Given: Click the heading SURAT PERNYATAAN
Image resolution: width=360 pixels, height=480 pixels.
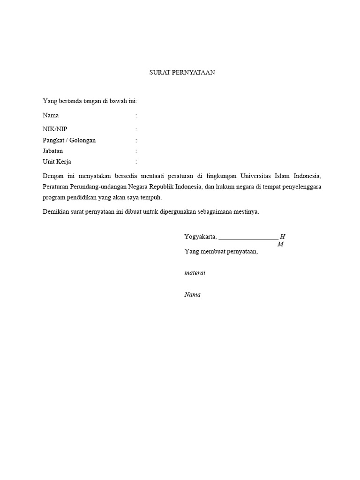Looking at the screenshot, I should pos(182,73).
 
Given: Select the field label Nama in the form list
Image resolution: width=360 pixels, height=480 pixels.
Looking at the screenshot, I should pos(51,115).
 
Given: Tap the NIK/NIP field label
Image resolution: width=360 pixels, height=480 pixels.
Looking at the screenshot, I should pos(58,129).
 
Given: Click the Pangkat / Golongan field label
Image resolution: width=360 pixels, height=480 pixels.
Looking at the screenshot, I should pos(69,140).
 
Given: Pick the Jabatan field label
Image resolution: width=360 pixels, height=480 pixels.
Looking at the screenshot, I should pos(52,151).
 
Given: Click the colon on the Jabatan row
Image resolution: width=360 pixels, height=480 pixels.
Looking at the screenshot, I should pos(136,151).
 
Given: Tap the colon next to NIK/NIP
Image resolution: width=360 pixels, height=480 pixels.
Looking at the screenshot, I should pos(136,129).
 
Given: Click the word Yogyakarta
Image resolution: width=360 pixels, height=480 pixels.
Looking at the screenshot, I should pos(200,237).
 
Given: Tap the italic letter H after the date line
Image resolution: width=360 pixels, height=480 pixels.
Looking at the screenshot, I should pos(283,237).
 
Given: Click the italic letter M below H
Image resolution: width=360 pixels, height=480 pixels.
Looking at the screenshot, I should pos(280,244).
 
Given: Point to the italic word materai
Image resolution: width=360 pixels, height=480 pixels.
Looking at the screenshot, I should pos(195,273).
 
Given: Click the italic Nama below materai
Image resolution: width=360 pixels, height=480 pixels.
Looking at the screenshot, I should pos(193,295).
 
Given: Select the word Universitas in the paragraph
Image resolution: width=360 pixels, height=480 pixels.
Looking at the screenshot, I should pos(256,176).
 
